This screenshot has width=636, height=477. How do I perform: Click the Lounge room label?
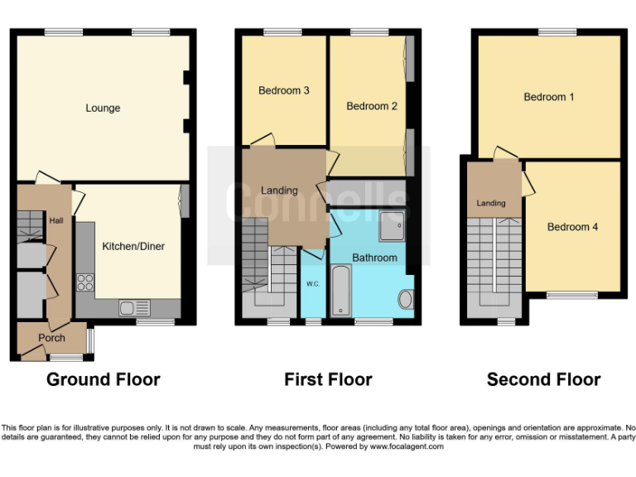click(103, 108)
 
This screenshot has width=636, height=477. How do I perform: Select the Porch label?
click(51, 338)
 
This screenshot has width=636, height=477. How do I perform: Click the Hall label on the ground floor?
click(56, 221)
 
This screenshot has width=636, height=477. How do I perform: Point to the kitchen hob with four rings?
click(85, 282)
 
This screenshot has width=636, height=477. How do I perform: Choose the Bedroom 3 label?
click(283, 90)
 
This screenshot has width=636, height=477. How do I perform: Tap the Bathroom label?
click(374, 258)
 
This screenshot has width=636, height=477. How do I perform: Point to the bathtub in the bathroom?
click(342, 291)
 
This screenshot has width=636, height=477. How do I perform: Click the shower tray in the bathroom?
click(392, 223)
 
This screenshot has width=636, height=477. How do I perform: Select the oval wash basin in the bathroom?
click(405, 299)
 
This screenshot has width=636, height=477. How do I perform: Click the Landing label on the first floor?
click(279, 190)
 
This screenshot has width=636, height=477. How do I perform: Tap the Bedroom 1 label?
click(548, 97)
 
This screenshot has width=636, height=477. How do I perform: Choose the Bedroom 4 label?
click(572, 227)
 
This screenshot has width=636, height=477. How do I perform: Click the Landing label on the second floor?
click(491, 204)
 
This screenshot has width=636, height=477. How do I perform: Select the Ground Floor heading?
click(103, 379)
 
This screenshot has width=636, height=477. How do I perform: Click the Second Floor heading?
click(543, 379)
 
